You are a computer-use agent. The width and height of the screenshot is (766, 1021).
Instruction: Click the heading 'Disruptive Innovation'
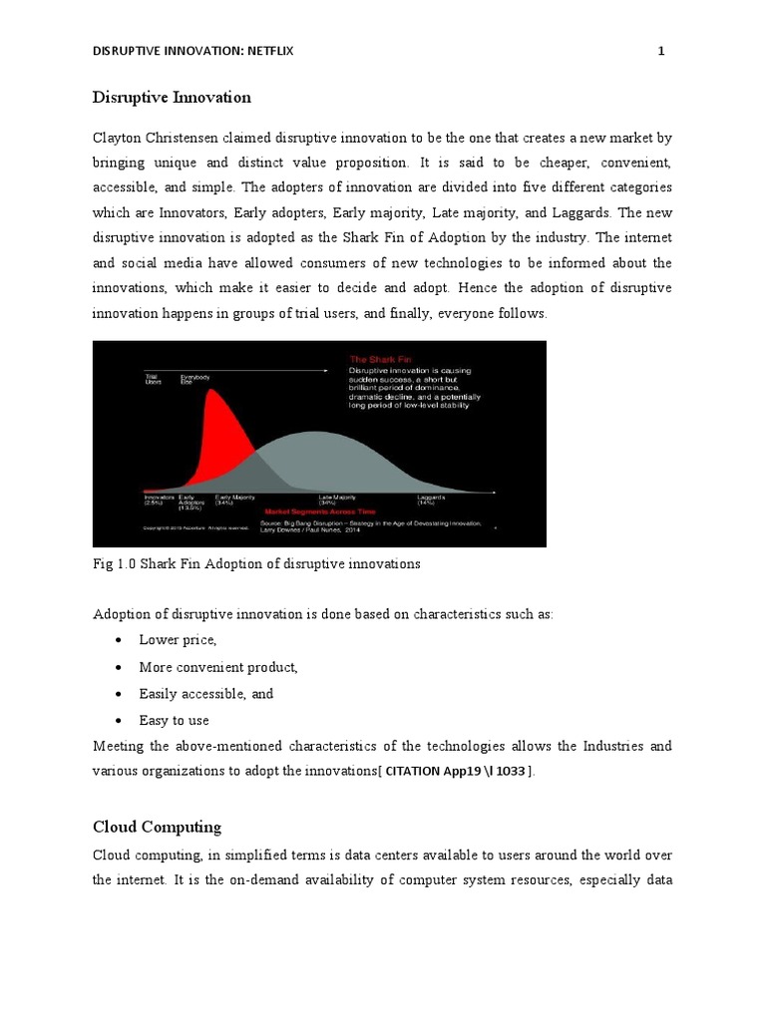point(172,98)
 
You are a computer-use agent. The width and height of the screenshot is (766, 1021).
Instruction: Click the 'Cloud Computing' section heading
point(157,828)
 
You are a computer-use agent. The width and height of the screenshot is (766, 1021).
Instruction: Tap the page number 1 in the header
point(660,52)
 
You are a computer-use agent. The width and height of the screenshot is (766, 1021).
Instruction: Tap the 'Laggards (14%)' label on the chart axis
point(433,499)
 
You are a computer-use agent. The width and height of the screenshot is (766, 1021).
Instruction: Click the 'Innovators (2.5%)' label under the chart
point(158,499)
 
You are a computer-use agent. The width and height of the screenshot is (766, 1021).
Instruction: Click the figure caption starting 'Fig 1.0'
point(256,564)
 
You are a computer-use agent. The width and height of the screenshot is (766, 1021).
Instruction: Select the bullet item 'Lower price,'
point(178,640)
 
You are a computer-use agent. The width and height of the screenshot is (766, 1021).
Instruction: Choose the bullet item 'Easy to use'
point(174,720)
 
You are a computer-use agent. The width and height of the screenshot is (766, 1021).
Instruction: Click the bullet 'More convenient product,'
point(218,667)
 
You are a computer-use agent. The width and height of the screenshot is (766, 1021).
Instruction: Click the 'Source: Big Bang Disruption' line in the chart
point(369,521)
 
